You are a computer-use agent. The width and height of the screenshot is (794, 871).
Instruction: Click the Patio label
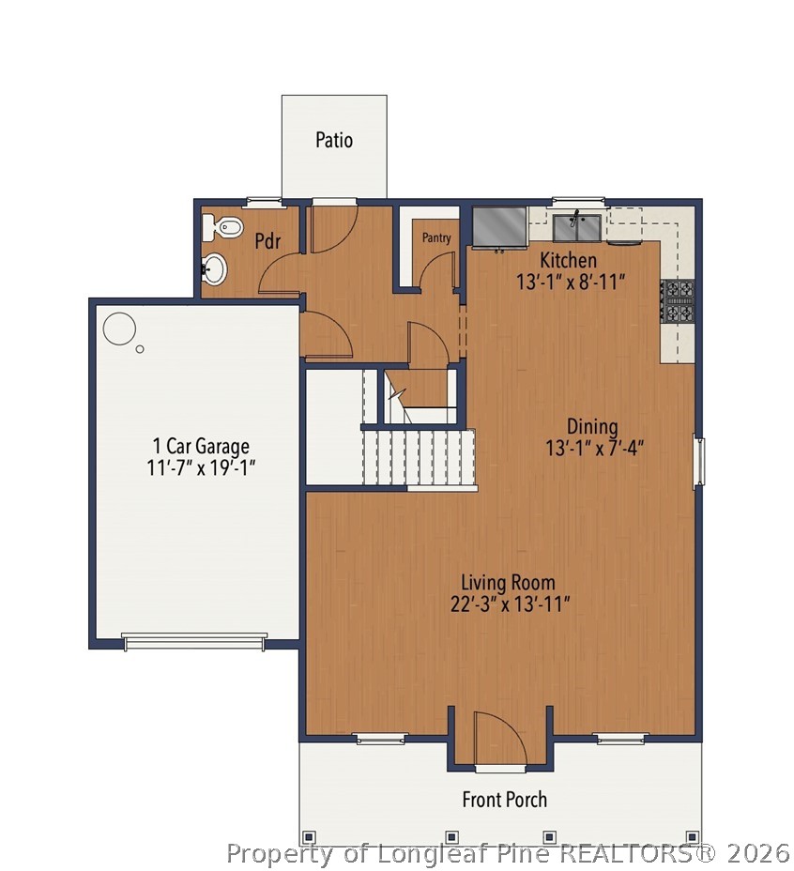point(334,141)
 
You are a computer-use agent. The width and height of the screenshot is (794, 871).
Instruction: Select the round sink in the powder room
point(215,269)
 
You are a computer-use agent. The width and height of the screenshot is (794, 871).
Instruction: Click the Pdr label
point(268,241)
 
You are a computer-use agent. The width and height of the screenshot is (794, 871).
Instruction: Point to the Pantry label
point(436,238)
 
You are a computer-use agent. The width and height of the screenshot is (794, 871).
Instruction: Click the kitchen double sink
point(577,227)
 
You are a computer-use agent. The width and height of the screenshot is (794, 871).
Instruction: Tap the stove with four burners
point(678,300)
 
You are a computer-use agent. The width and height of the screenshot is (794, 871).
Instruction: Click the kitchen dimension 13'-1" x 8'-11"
point(570,281)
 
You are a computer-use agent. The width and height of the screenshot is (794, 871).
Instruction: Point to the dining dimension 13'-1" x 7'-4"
point(593,449)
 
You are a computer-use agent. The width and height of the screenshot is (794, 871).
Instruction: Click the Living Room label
point(508,583)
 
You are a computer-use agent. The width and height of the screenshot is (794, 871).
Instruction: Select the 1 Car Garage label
point(201,446)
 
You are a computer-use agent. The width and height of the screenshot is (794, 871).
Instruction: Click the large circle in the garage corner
point(119,329)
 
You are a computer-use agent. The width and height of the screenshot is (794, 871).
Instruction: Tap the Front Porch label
point(504,800)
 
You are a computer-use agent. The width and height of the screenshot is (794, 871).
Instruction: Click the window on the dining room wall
point(697,461)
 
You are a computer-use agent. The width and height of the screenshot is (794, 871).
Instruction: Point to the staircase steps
point(420,457)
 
